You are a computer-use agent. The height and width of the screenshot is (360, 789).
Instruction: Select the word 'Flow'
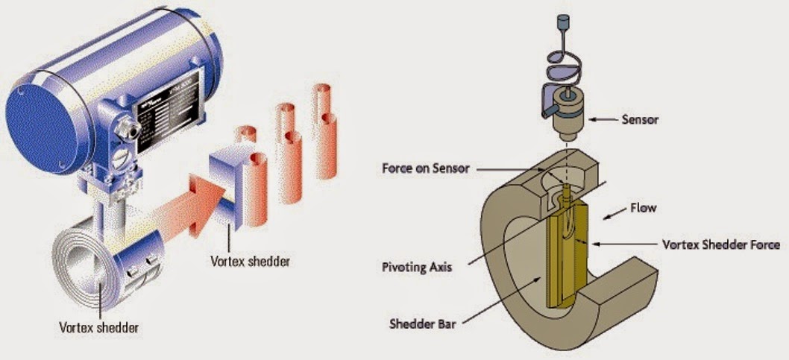[644, 209]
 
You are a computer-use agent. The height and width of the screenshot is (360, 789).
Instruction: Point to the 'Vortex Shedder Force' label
[720, 244]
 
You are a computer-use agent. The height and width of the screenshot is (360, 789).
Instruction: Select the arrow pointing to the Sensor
[602, 118]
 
